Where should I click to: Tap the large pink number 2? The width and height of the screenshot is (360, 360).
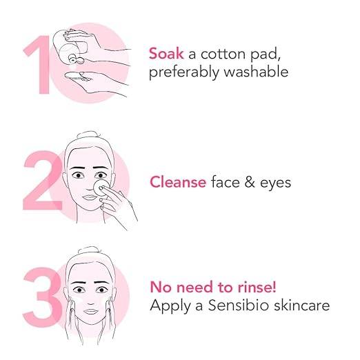[43, 181]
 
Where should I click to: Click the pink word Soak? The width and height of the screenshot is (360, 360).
[166, 54]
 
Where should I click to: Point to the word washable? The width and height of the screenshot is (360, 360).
[256, 71]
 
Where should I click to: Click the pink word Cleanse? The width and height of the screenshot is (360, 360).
[178, 182]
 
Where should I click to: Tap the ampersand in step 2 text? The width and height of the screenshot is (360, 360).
[250, 182]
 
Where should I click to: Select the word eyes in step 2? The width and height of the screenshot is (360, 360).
[275, 184]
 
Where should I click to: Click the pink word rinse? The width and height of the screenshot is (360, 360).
[257, 287]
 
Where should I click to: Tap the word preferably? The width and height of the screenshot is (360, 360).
[184, 72]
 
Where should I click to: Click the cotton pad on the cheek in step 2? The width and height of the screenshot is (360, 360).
[101, 188]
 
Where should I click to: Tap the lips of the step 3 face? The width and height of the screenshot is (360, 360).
[91, 312]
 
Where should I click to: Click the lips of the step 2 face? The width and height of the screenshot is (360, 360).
[90, 197]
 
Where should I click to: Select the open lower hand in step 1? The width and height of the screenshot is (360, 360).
[95, 83]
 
